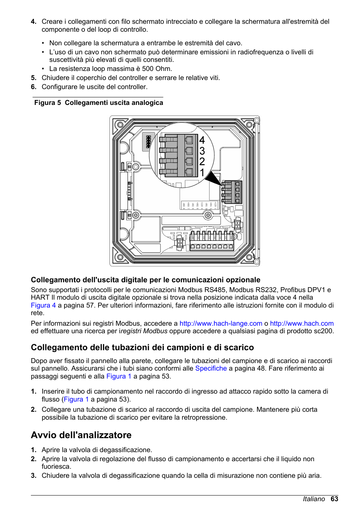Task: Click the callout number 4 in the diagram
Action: [x=202, y=140]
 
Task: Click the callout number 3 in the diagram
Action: [x=202, y=151]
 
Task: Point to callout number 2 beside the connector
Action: [x=202, y=162]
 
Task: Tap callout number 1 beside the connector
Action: [x=202, y=172]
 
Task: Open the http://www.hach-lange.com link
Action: [x=221, y=323]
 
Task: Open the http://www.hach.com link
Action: [x=302, y=323]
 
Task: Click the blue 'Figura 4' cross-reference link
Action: [x=43, y=305]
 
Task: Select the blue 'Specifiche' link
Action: [x=211, y=368]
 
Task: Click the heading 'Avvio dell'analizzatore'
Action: [x=81, y=435]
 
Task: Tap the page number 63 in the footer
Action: [x=334, y=499]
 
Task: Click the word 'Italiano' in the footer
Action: [x=314, y=499]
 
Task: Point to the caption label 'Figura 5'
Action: [x=48, y=103]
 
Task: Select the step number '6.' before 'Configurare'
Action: [x=34, y=87]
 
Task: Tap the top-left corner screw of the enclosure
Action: [x=120, y=125]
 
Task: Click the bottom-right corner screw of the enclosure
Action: [x=249, y=257]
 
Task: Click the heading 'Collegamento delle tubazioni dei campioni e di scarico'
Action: [x=142, y=347]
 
